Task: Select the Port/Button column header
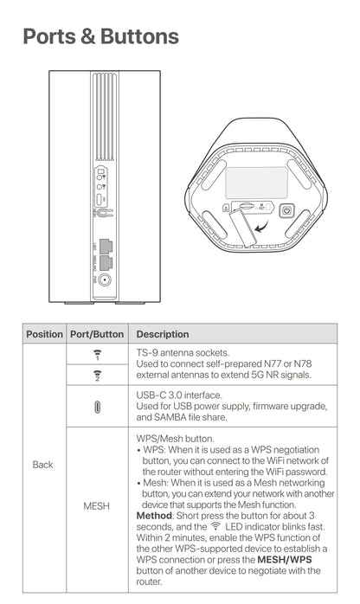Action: pyautogui.click(x=97, y=334)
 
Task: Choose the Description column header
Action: pyautogui.click(x=163, y=334)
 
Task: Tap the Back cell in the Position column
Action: pyautogui.click(x=43, y=465)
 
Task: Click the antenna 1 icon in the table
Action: pyautogui.click(x=97, y=355)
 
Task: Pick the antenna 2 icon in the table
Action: pyautogui.click(x=97, y=375)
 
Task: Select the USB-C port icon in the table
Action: pyautogui.click(x=97, y=406)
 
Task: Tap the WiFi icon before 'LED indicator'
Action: pyautogui.click(x=215, y=526)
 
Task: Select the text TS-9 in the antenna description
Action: pyautogui.click(x=148, y=353)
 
